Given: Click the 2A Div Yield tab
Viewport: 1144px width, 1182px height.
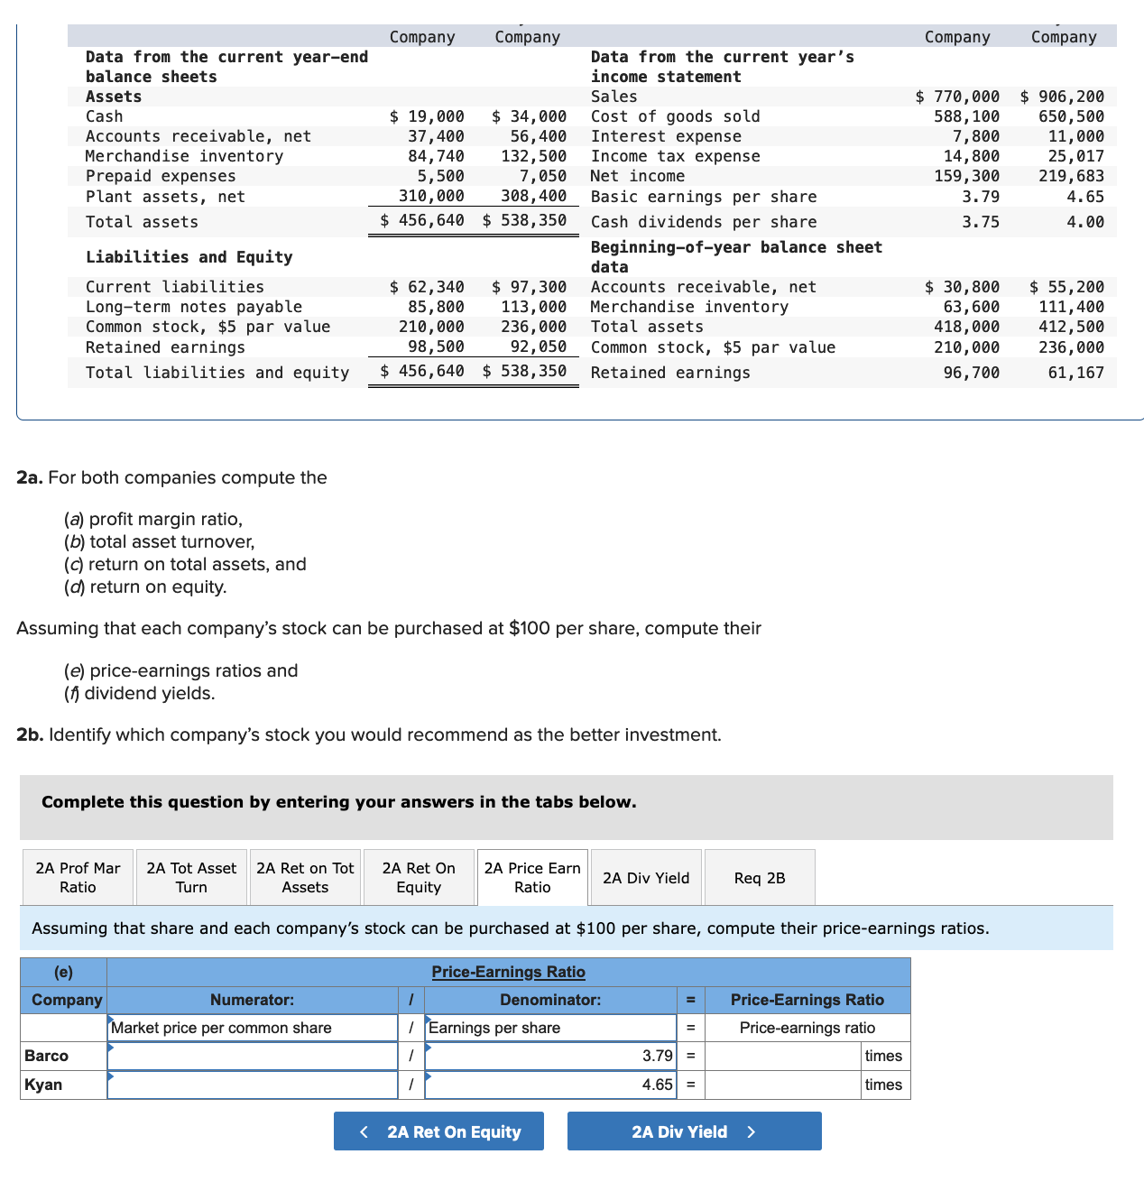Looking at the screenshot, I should pos(646,878).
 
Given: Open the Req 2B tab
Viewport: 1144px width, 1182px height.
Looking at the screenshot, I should pos(760,878).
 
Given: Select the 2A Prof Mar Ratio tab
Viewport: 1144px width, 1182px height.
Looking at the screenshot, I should pos(78,878).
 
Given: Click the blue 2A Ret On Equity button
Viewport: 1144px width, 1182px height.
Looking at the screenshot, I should pos(438,1131).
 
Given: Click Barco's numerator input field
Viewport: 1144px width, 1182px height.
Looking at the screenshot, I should pos(253,1056).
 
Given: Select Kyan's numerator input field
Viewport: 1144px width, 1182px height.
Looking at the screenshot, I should pos(253,1085).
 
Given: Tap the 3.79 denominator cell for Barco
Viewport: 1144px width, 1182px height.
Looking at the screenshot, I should pos(550,1056).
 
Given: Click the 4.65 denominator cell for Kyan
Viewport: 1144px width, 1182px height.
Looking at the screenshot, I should pos(550,1085).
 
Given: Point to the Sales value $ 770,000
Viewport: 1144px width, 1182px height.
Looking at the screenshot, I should pos(957,97).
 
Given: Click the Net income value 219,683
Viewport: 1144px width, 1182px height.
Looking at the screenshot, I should pos(1071,176).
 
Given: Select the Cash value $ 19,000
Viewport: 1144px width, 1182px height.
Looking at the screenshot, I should pos(427,116).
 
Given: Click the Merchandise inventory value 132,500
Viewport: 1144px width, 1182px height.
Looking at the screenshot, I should pos(533,156).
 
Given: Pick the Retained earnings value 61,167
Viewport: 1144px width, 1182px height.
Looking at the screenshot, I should pos(1075,373).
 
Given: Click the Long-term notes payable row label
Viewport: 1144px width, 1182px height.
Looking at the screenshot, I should pos(194,307).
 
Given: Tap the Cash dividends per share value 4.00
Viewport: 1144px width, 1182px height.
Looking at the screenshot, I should pos(1084,222).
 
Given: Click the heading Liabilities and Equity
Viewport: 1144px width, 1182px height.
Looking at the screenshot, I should pos(189,257).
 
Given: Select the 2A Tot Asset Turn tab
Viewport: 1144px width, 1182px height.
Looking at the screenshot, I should pos(191,878).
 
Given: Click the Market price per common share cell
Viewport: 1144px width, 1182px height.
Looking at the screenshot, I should pos(253,1028).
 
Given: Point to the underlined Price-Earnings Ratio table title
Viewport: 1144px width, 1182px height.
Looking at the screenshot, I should pos(508,972).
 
